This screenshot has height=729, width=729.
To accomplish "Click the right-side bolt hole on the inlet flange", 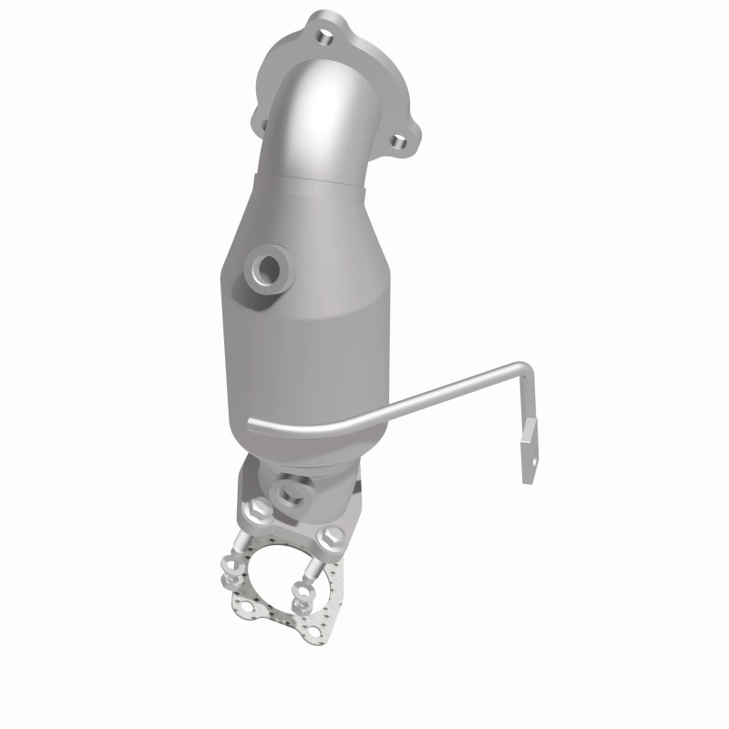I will (x=397, y=141).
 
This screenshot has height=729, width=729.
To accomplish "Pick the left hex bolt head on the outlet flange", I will (x=257, y=509).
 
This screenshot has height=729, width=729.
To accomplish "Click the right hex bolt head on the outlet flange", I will (x=331, y=537).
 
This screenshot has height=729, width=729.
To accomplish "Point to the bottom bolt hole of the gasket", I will (x=315, y=631).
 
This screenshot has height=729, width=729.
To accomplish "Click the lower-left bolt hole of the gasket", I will (x=248, y=606).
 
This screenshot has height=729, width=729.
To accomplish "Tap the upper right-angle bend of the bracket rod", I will (x=526, y=369).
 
